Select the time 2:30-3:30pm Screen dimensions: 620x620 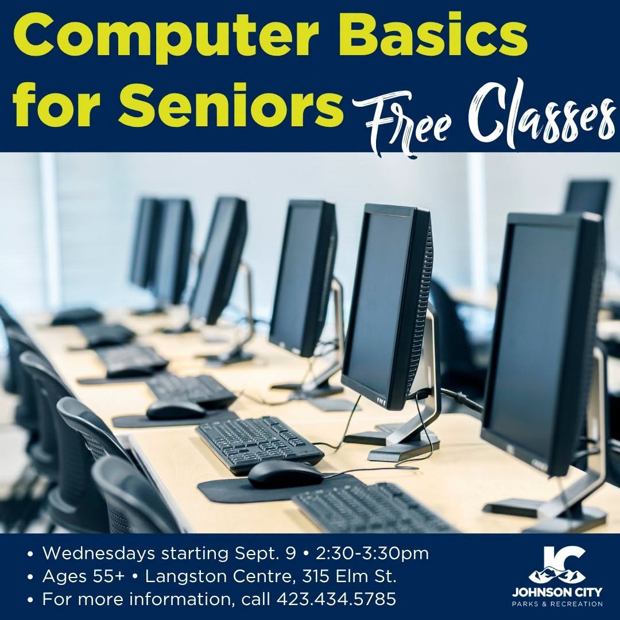[372, 553]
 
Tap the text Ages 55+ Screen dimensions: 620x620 [83, 576]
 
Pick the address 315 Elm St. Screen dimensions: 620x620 [349, 576]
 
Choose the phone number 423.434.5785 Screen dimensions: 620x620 [336, 599]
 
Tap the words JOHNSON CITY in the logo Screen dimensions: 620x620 [557, 592]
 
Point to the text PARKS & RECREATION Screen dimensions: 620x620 [557, 604]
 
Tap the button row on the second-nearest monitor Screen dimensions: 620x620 [381, 401]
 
